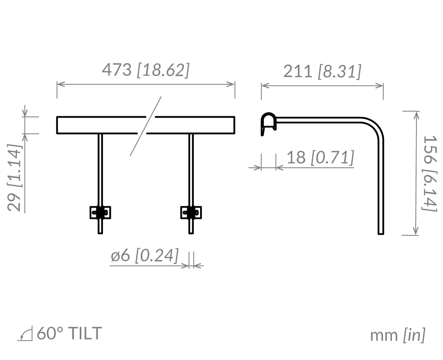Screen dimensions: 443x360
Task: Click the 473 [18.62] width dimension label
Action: [145, 70]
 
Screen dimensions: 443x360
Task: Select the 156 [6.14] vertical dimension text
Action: [430, 173]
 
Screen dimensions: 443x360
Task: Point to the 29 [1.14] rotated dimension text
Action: [15, 177]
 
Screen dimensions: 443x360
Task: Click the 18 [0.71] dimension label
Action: [321, 157]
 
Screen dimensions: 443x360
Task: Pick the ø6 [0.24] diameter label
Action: [144, 255]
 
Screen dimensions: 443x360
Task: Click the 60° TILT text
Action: [69, 333]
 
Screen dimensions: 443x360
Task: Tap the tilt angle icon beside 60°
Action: [25, 334]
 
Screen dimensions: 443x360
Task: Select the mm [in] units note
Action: [397, 335]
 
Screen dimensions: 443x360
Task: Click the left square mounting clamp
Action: [100, 213]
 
